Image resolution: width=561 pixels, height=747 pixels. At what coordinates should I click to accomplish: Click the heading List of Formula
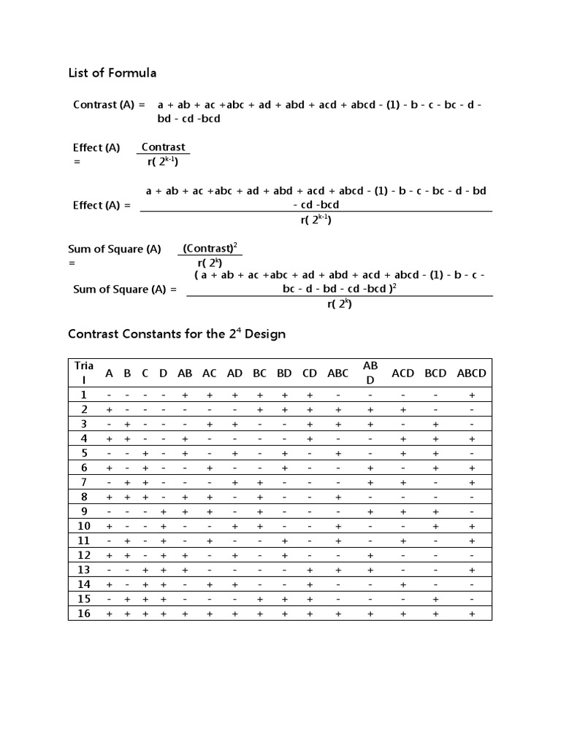tap(112, 73)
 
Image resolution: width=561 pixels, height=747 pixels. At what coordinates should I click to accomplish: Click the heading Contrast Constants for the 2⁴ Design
tap(176, 334)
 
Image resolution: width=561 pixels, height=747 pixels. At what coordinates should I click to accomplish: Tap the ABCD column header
tap(471, 373)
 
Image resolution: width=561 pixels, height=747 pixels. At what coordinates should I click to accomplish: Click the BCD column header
tap(435, 373)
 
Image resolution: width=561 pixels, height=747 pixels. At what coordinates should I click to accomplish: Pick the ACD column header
tap(402, 373)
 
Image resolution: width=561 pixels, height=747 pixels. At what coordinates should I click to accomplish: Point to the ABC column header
tap(337, 373)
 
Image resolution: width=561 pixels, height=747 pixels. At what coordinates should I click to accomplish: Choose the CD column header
tap(310, 373)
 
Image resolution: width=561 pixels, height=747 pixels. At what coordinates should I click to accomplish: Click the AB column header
tap(185, 373)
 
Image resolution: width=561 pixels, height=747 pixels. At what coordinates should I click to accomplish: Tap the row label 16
tap(84, 614)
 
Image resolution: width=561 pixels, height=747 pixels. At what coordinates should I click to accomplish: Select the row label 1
tap(84, 395)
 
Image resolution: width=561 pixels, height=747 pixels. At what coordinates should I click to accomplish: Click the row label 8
tap(84, 497)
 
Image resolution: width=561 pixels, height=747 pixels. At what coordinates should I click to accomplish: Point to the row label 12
tap(84, 555)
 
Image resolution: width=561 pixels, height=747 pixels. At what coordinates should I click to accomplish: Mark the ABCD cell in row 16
tap(472, 614)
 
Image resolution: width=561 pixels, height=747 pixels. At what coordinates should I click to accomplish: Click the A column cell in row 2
tap(109, 410)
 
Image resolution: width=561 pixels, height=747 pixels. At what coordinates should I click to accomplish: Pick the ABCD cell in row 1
tap(472, 395)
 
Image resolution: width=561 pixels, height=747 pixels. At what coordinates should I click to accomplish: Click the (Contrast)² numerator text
tap(210, 249)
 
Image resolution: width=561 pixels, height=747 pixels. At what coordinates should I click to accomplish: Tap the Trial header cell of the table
tap(83, 372)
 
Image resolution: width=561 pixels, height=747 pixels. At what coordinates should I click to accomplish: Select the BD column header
tap(284, 373)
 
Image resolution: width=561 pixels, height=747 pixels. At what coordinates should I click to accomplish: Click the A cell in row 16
tap(109, 614)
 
